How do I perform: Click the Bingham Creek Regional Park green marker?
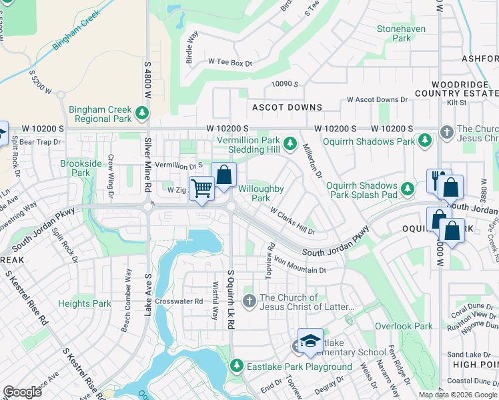[142, 114]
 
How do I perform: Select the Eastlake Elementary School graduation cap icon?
[310, 341]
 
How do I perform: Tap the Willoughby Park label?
[261, 193]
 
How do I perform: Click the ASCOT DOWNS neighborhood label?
[287, 107]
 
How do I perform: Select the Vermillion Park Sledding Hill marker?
[290, 143]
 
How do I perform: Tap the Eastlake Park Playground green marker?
[236, 366]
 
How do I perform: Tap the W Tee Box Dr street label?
[230, 63]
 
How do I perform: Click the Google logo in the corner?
[22, 392]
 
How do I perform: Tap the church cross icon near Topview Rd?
[249, 302]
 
